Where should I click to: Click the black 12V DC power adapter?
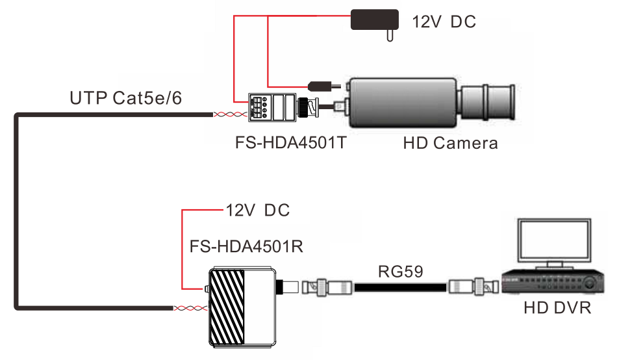point(374,21)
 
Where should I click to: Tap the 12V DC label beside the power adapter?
point(444,22)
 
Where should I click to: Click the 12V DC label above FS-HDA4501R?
point(258,211)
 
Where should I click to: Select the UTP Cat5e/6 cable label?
point(125,98)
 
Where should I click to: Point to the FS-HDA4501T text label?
point(290,142)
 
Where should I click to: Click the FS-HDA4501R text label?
point(246,246)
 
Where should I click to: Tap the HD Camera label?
point(450,143)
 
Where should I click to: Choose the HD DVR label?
point(557,308)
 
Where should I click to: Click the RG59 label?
point(400,272)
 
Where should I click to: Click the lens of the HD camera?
point(488,102)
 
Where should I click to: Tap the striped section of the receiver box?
point(227,307)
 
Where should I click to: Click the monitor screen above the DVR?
point(554,240)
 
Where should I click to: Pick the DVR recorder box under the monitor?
point(553,281)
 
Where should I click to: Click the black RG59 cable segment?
point(400,287)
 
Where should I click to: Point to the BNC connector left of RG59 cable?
point(327,287)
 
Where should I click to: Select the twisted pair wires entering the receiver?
point(190,308)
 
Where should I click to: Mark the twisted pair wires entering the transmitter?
point(231,114)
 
